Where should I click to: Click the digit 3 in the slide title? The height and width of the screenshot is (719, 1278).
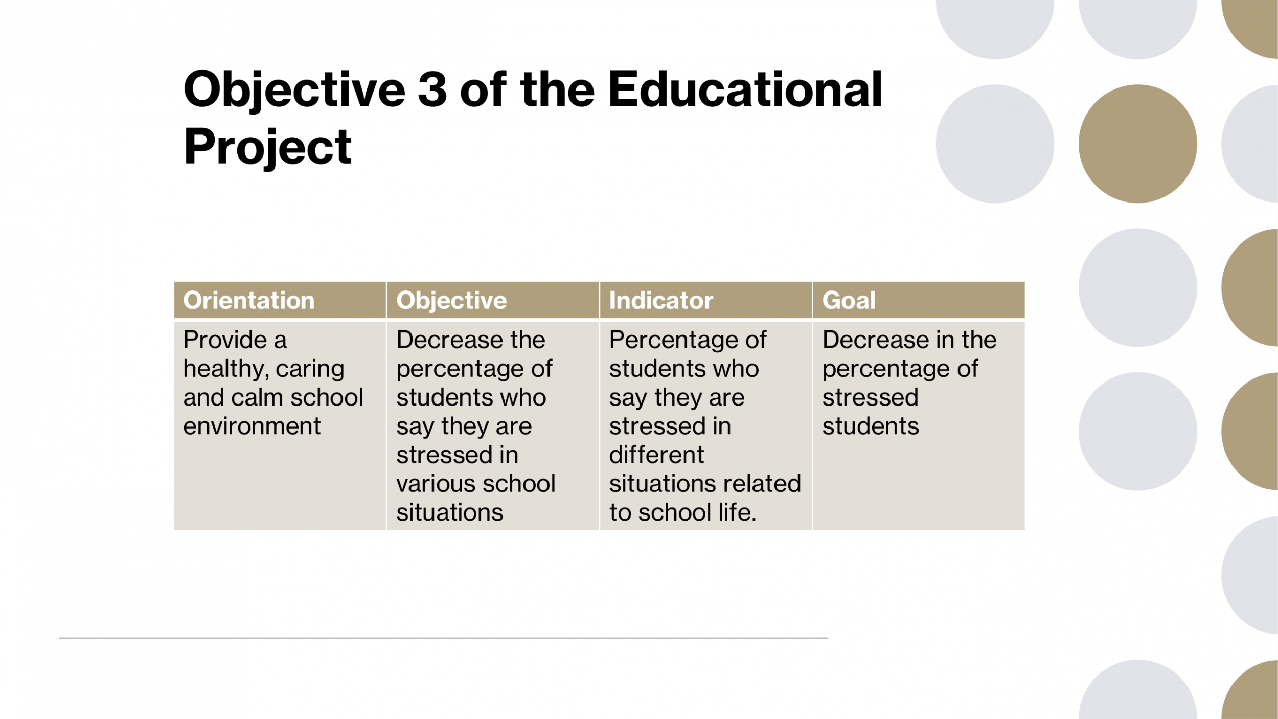[x=432, y=89]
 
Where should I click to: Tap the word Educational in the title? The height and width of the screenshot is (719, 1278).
[x=745, y=89]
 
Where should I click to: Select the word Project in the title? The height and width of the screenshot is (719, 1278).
[x=267, y=147]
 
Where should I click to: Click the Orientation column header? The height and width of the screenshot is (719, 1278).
[x=249, y=300]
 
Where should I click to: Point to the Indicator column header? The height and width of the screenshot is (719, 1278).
[x=661, y=300]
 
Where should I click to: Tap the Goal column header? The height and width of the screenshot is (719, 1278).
[x=849, y=300]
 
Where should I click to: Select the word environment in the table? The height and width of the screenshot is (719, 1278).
[x=252, y=426]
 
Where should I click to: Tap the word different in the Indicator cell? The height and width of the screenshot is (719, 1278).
[x=656, y=455]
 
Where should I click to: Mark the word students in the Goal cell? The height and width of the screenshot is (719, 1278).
[x=871, y=426]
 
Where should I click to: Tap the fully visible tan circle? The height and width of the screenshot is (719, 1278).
[x=1137, y=144]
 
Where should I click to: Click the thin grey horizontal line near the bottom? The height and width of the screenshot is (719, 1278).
[x=443, y=638]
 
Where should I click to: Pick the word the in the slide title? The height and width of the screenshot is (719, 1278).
[x=558, y=89]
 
